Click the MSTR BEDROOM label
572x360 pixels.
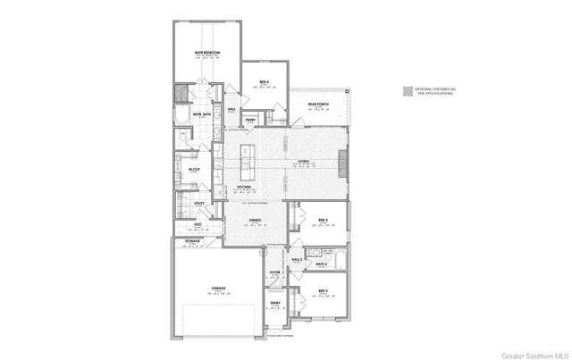click(207, 54)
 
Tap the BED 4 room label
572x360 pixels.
click(265, 83)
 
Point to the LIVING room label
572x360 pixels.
click(304, 162)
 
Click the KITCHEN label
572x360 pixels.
click(242, 187)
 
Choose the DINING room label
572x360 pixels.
click(255, 219)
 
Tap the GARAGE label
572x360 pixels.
click(217, 288)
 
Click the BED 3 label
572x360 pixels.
click(323, 219)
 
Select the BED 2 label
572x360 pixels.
click(323, 292)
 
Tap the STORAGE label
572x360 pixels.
click(192, 240)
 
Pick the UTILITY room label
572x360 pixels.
click(200, 204)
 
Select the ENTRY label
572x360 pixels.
click(275, 303)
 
